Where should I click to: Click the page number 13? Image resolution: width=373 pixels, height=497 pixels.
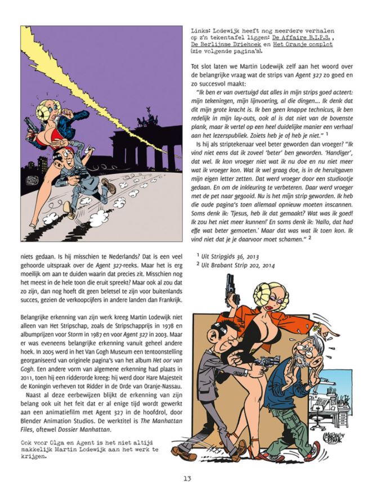click(x=187, y=480)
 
